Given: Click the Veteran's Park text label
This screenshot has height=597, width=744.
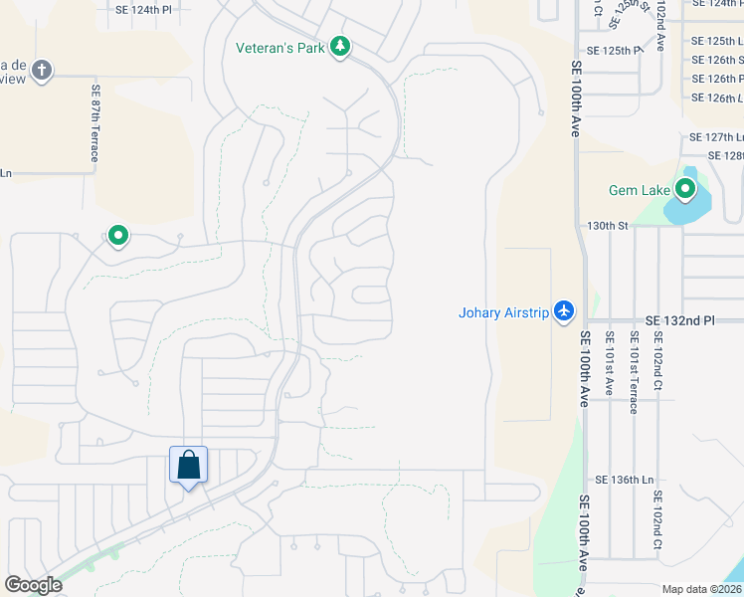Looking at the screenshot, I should click(280, 47).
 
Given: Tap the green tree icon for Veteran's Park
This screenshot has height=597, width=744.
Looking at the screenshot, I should click(340, 46).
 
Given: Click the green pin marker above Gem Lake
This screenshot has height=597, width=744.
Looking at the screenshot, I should click(685, 188).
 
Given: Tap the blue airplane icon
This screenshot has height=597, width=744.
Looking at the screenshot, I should click(565, 311).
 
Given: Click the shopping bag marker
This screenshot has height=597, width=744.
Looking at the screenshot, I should click(189, 466).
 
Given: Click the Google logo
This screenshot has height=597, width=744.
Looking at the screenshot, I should click(33, 585).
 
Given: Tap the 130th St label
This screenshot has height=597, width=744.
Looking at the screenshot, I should click(608, 226).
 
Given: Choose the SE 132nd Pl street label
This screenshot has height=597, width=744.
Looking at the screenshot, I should click(679, 320).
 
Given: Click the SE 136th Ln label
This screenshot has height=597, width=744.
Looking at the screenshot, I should click(623, 480).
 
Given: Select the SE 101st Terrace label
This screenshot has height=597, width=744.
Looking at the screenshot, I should click(633, 378).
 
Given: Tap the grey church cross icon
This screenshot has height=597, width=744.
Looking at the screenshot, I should click(41, 70).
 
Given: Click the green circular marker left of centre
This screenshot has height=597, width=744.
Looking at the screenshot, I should click(117, 237).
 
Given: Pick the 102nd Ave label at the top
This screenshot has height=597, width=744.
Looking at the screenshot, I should click(659, 25).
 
